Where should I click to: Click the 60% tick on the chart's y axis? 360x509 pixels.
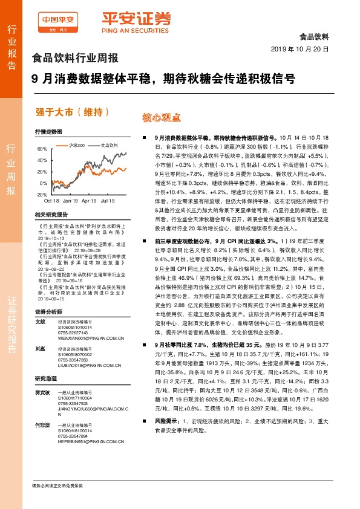pyautogui.click(x=42, y=149)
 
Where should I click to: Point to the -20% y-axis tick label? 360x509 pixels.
pyautogui.click(x=42, y=195)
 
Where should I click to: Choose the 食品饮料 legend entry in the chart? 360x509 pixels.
pyautogui.click(x=109, y=145)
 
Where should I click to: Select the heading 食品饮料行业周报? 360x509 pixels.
pyautogui.click(x=74, y=59)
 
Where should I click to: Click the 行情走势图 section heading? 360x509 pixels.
pyautogui.click(x=48, y=131)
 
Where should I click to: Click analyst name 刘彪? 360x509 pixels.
pyautogui.click(x=41, y=349)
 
